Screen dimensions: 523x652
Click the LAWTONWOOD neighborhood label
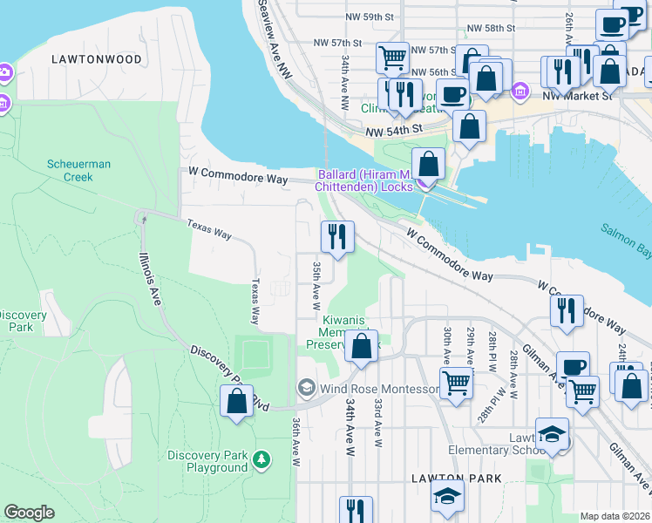tap(96, 59)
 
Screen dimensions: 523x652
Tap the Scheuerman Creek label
tap(78, 170)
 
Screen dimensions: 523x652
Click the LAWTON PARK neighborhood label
tap(457, 479)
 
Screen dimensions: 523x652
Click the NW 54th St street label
tap(393, 129)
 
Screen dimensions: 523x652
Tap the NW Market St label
tap(576, 94)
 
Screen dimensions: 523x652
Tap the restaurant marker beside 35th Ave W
tap(337, 236)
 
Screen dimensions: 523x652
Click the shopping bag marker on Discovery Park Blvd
tap(236, 401)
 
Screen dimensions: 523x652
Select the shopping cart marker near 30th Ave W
tap(456, 383)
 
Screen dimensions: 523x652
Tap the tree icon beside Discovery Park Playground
tap(261, 458)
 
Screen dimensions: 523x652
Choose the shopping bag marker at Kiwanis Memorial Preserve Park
tap(361, 346)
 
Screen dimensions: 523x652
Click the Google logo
tap(29, 512)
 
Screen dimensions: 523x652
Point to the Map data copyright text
tap(615, 516)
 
